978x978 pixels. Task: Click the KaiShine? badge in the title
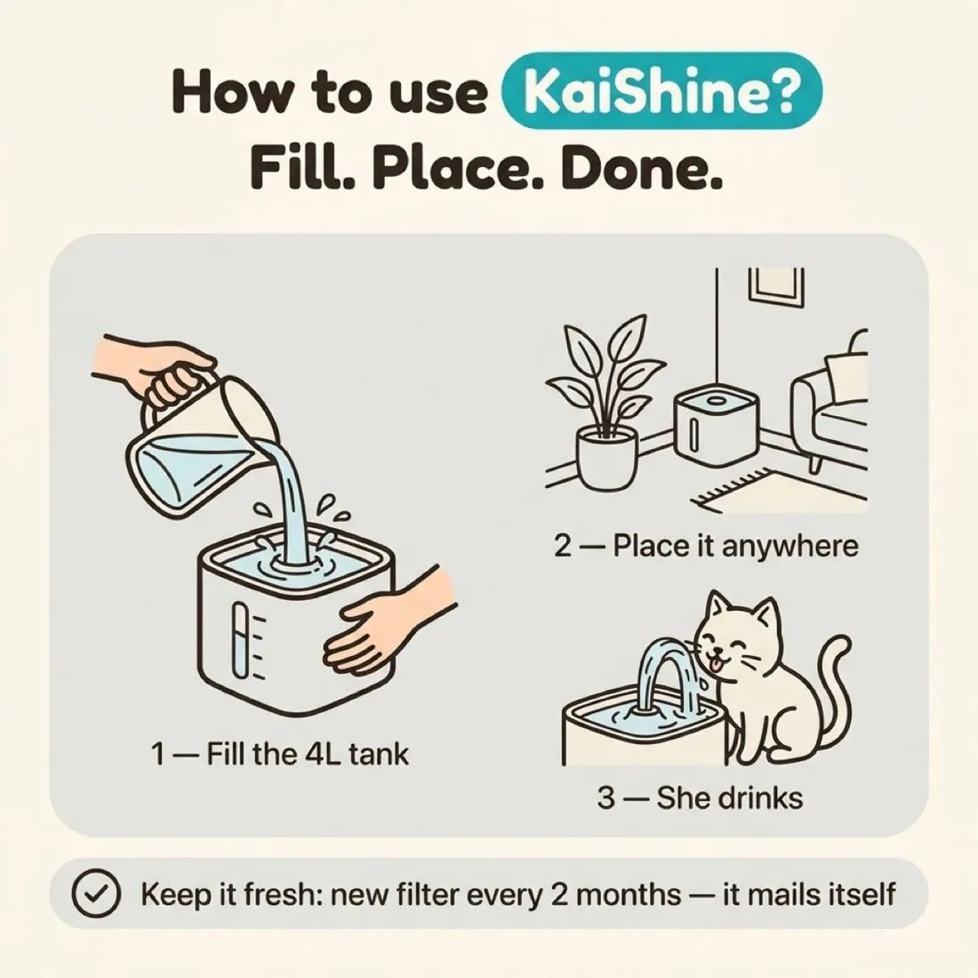coord(662,91)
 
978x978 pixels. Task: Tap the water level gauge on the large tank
coord(241,640)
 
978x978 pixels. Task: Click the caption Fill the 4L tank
coord(279,754)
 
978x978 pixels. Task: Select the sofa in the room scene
coord(830,399)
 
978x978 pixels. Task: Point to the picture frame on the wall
coord(776,287)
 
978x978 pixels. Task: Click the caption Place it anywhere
coord(706,547)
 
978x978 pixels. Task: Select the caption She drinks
coord(700,798)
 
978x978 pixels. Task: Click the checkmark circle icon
coord(95,894)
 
